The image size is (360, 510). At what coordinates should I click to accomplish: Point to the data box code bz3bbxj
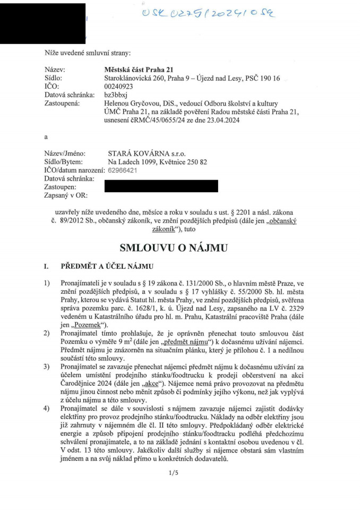116,95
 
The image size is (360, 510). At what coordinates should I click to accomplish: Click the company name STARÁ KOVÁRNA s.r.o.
147,154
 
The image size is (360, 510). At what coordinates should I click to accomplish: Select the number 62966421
123,171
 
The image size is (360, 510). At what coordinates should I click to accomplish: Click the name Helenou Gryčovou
133,104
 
